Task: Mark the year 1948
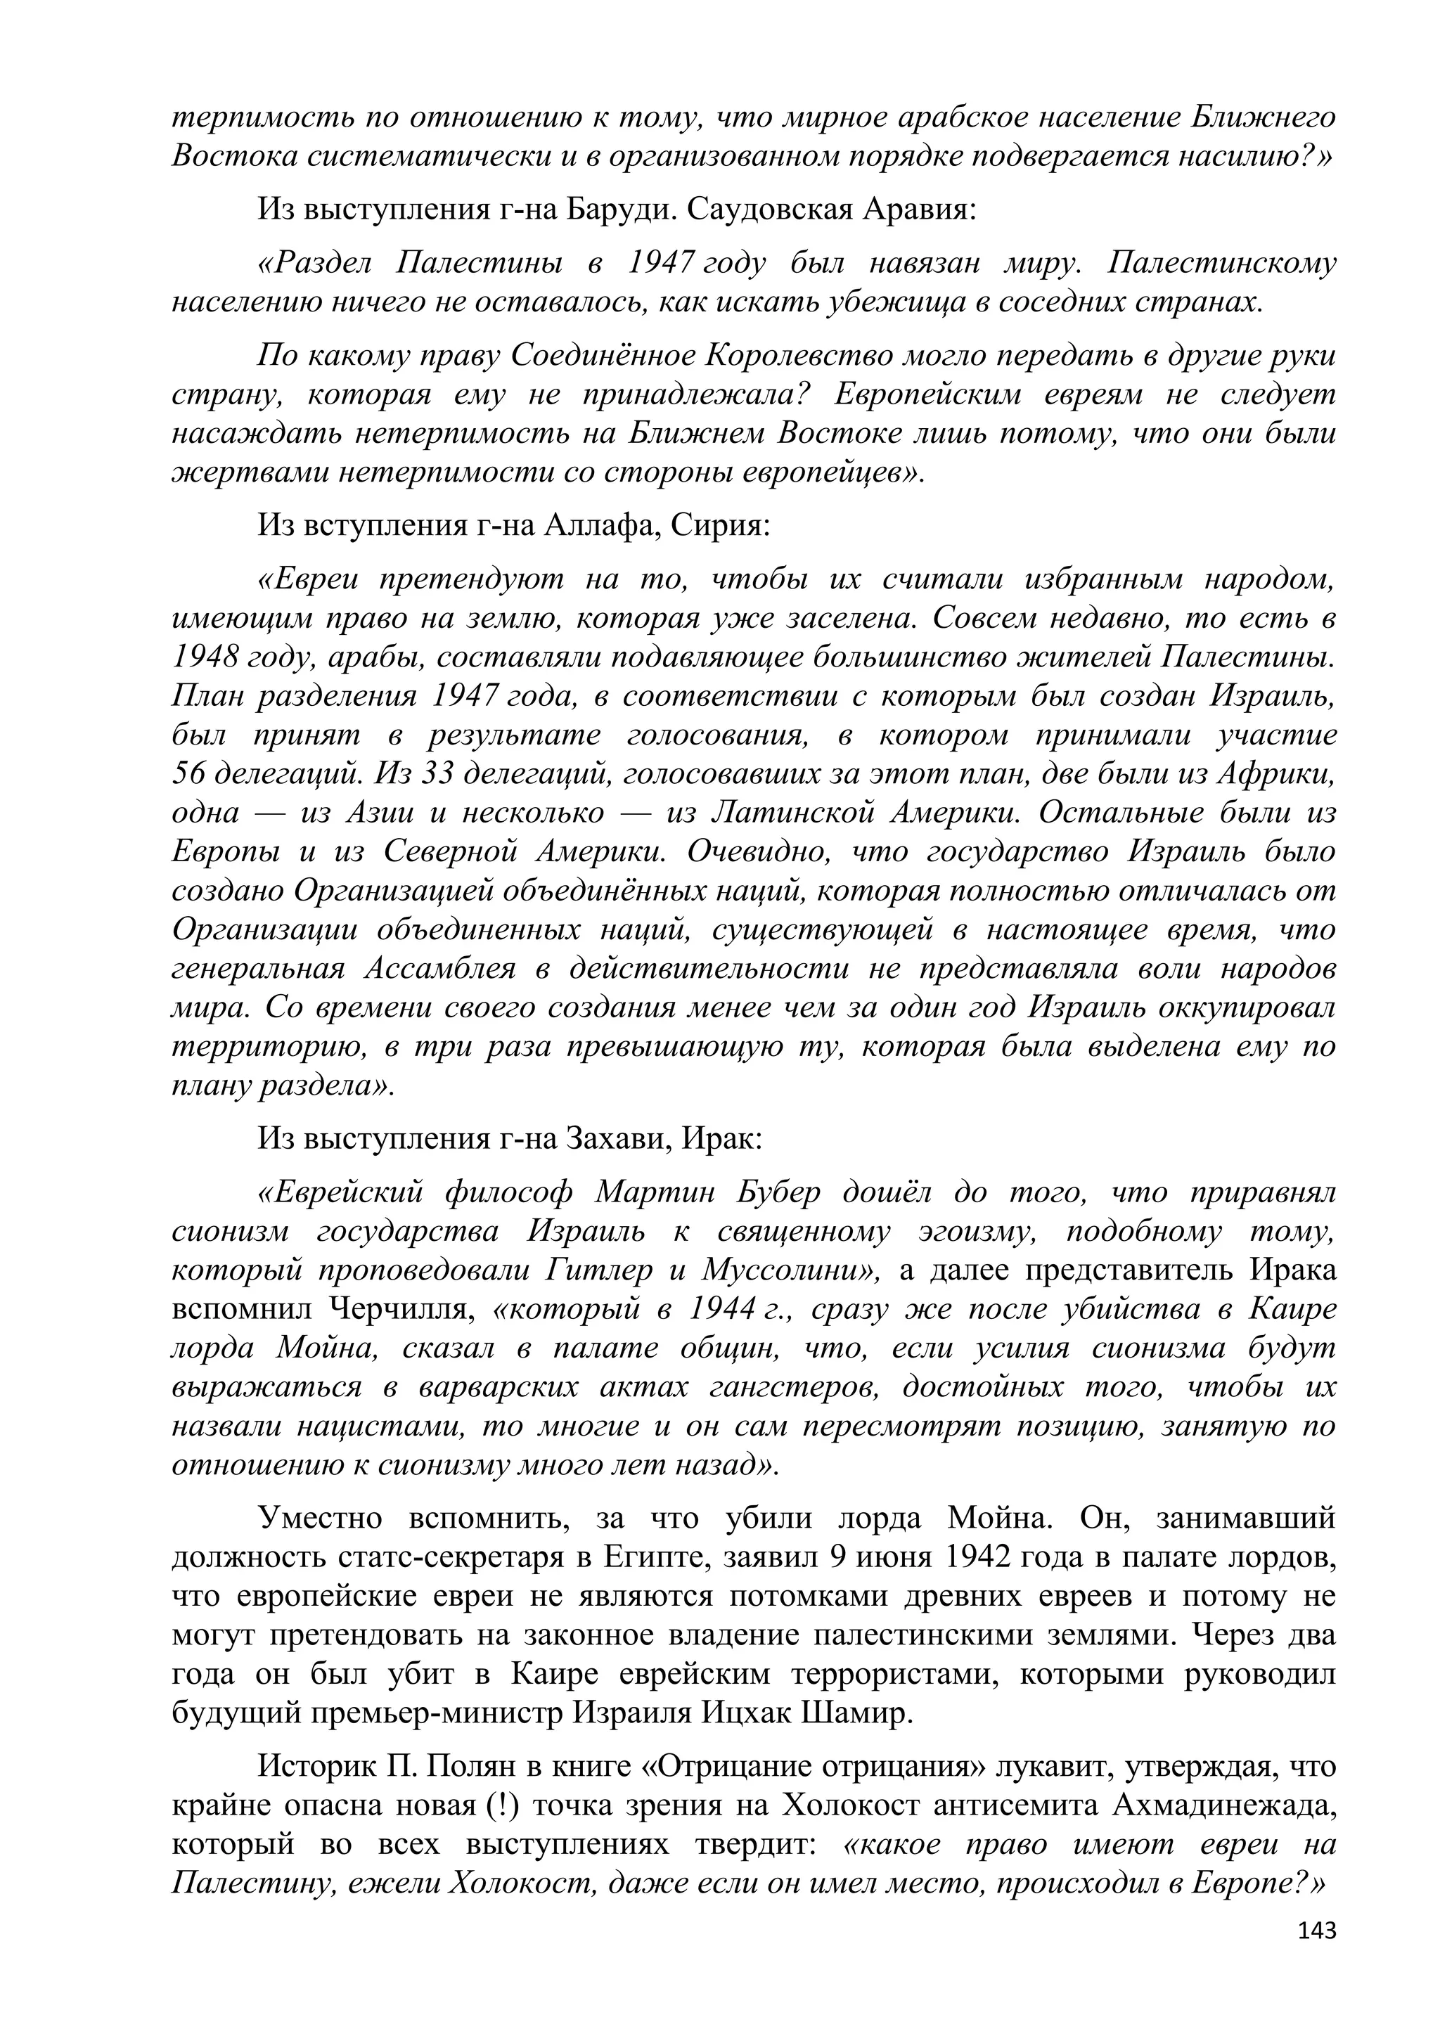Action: click(x=204, y=657)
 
